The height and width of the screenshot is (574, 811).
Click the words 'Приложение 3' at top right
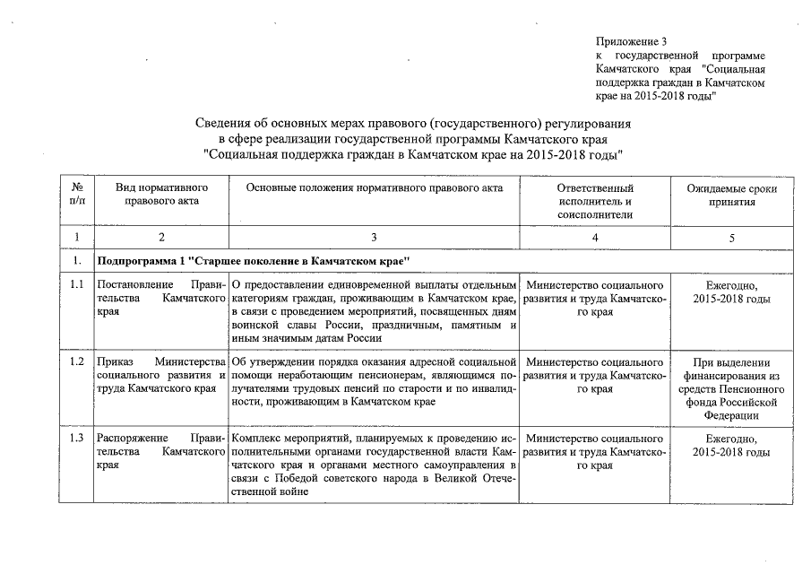(632, 41)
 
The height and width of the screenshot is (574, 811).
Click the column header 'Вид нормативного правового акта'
(162, 195)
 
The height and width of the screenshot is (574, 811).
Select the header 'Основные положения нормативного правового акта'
(374, 188)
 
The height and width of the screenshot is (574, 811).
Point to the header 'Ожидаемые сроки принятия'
(732, 195)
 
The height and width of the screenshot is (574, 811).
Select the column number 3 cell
(374, 237)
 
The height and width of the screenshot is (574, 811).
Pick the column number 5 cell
(732, 237)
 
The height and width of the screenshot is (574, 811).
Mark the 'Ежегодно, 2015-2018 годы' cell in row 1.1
(732, 291)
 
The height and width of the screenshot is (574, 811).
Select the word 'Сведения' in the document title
(222, 123)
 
